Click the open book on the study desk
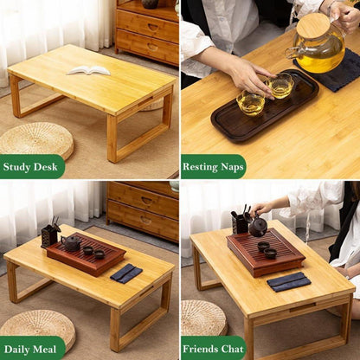[88, 70]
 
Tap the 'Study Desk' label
[30, 167]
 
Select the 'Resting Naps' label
[213, 167]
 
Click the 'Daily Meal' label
[30, 350]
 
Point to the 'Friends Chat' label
[213, 349]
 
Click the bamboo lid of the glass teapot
[313, 27]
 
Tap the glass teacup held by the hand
[280, 85]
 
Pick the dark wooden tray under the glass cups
[265, 106]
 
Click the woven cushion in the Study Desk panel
[37, 140]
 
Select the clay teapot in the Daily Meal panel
[71, 243]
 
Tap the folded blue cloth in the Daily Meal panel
[126, 273]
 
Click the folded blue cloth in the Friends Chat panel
[289, 281]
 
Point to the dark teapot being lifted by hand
[258, 226]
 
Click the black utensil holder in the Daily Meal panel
[49, 236]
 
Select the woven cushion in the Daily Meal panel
[38, 327]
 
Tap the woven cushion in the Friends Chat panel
[203, 318]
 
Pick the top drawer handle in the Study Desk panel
[153, 27]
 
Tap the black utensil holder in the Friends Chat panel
[240, 222]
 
